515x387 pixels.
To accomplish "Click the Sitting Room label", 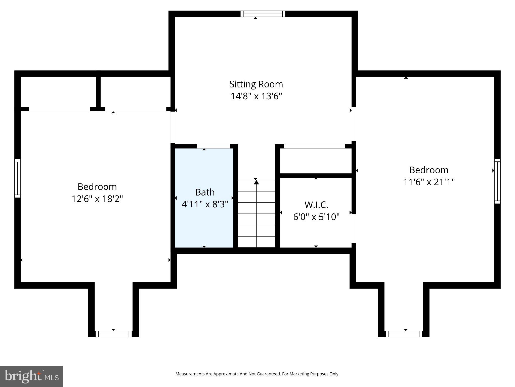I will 256,84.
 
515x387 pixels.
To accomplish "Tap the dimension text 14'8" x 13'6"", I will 256,96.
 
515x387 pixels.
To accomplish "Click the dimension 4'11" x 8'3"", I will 205,204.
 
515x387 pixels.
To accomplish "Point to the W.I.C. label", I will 316,205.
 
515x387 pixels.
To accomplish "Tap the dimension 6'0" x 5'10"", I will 316,217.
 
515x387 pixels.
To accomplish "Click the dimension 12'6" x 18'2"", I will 97,199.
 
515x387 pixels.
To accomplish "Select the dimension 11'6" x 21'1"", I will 429,182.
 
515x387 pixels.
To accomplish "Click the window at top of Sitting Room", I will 263,14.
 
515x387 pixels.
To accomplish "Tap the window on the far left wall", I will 17,178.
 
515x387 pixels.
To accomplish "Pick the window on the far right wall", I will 497,181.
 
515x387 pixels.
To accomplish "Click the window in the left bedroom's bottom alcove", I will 113,334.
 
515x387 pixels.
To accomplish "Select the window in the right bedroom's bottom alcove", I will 404,334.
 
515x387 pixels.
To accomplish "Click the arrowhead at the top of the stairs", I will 256,181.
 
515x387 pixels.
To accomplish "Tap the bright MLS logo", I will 31,376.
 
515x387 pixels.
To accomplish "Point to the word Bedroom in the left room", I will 97,187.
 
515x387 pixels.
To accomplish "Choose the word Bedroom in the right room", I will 429,170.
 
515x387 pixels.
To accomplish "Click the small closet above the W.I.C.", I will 315,161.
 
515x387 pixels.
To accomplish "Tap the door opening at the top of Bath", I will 213,146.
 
